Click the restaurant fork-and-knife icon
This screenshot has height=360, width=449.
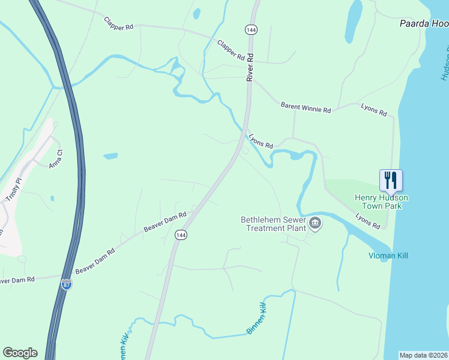point(390,179)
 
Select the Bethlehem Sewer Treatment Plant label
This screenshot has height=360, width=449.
point(274,224)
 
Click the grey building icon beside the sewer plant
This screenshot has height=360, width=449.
point(315,224)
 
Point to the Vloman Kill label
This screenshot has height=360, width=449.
point(388,256)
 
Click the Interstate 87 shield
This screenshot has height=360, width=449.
point(67,284)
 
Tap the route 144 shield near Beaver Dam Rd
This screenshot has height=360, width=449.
point(179,235)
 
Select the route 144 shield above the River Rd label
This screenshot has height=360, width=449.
point(250,29)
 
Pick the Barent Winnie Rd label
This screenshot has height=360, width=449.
point(306,107)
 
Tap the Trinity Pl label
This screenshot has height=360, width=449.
point(14,189)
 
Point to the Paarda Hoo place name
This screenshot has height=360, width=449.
point(424,24)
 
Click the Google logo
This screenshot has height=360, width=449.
point(20,353)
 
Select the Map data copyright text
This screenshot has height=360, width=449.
point(424,355)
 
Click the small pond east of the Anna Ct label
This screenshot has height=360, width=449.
point(110,157)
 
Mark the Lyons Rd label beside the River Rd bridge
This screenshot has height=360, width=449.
point(261,142)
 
